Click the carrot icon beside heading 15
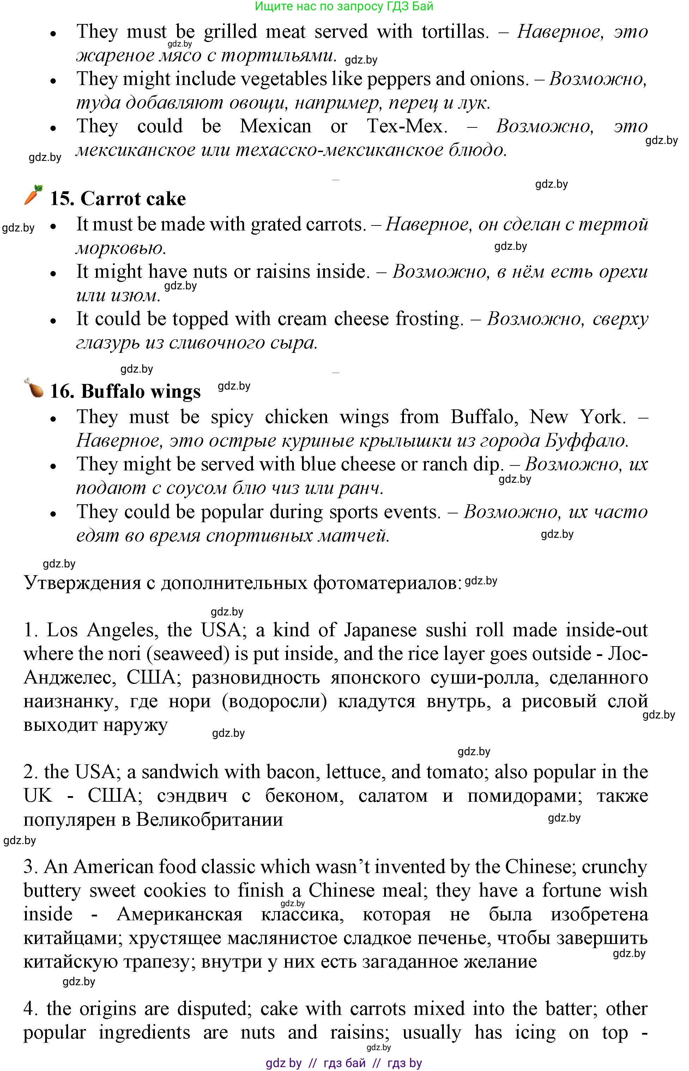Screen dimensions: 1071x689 tap(33, 195)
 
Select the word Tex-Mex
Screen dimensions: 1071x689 tap(407, 126)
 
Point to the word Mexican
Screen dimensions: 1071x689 tap(275, 126)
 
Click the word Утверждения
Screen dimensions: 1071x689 tap(82, 583)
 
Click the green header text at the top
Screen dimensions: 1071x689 tap(344, 6)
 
